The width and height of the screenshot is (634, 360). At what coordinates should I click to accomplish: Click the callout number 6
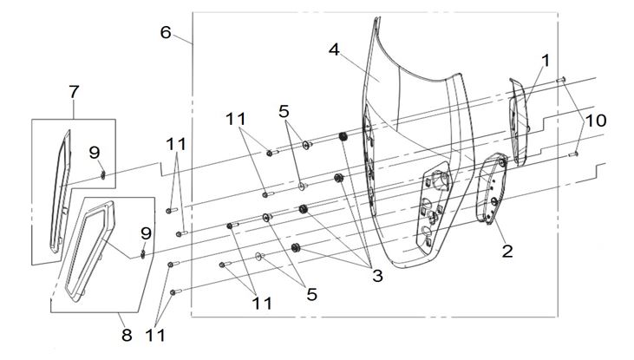[x=166, y=32]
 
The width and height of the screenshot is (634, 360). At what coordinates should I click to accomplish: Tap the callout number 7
[x=74, y=92]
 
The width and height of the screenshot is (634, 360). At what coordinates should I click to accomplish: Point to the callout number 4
[x=334, y=50]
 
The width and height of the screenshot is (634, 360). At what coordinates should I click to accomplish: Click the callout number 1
[x=546, y=61]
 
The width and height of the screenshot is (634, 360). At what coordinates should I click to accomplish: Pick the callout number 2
[x=507, y=252]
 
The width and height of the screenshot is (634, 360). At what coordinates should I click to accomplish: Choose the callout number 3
[x=376, y=276]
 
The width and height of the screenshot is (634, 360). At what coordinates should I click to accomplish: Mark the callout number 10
[x=596, y=121]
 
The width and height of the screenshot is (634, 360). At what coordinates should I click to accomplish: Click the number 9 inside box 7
[x=95, y=153]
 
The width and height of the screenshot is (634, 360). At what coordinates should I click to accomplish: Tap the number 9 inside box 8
[x=146, y=233]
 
